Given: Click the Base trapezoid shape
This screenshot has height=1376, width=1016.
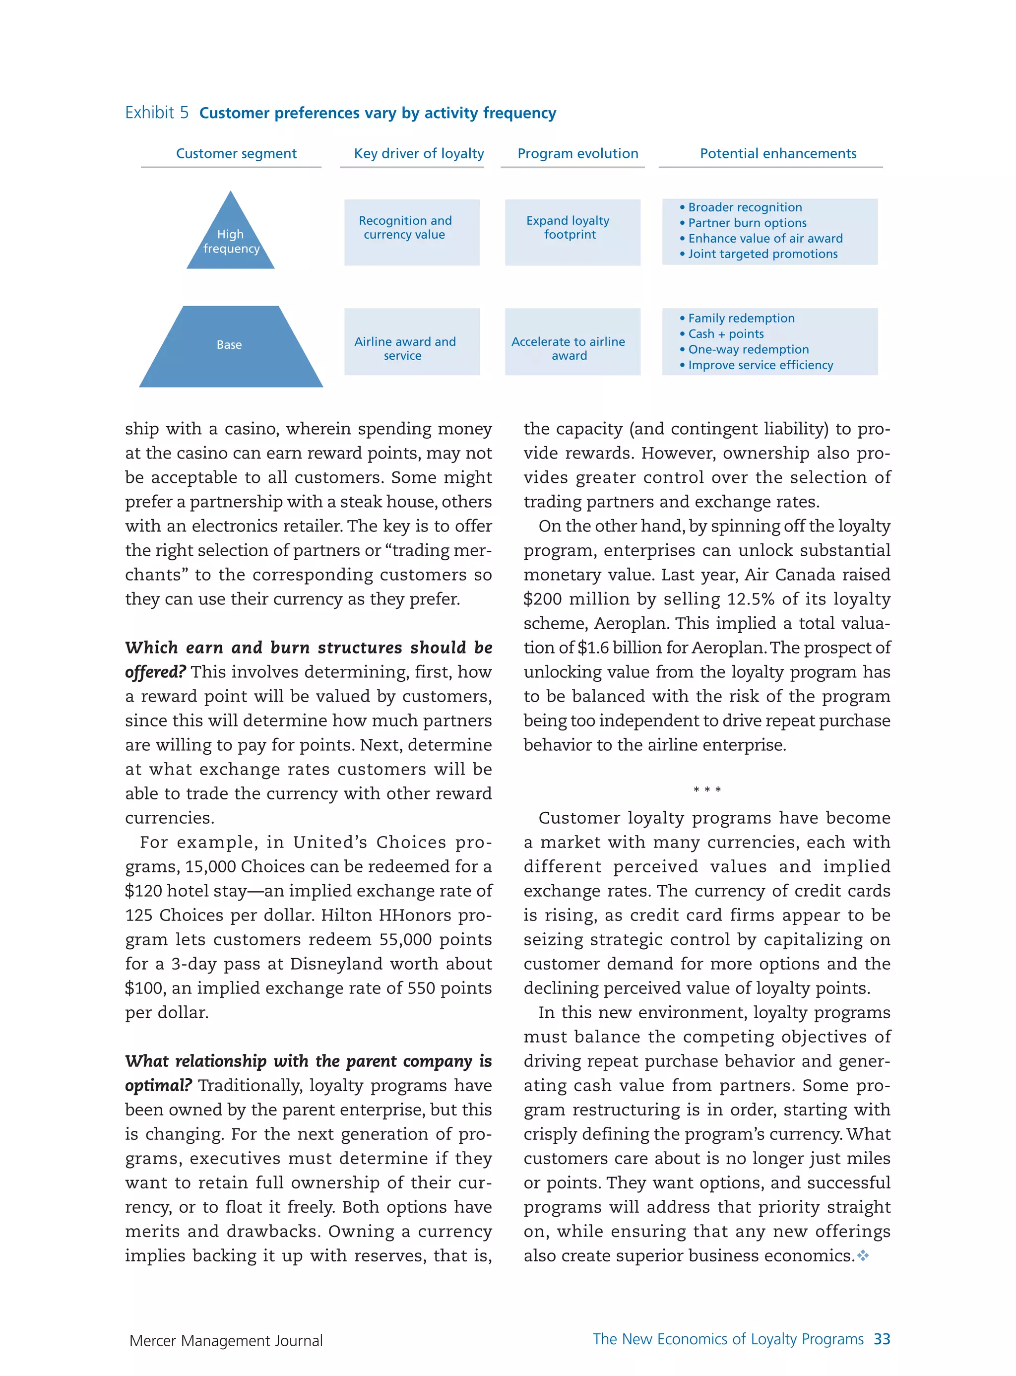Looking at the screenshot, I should click(x=231, y=347).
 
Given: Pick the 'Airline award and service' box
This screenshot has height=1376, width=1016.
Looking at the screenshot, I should click(x=411, y=342).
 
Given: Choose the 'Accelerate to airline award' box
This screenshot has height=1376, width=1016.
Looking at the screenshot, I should click(x=572, y=342).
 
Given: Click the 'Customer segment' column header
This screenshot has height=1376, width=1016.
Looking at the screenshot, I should click(x=236, y=153).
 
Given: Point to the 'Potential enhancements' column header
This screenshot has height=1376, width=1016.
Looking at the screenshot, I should click(x=777, y=153).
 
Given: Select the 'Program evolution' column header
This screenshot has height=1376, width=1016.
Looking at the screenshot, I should click(x=577, y=153).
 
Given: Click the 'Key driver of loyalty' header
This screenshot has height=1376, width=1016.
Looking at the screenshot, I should click(x=419, y=153).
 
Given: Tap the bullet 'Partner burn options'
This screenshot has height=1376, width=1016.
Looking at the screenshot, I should click(x=747, y=223).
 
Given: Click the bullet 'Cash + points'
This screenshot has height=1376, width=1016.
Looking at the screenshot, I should click(x=726, y=334).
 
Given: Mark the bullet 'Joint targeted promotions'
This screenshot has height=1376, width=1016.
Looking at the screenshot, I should click(x=762, y=254).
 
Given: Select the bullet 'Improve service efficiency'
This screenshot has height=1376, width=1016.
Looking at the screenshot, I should click(x=760, y=365).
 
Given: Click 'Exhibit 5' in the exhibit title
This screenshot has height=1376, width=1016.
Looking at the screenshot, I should click(x=157, y=113).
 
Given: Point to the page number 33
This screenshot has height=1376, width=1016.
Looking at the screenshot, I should click(x=882, y=1339).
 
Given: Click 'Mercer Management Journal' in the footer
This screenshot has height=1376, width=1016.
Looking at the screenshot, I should click(x=226, y=1341).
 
